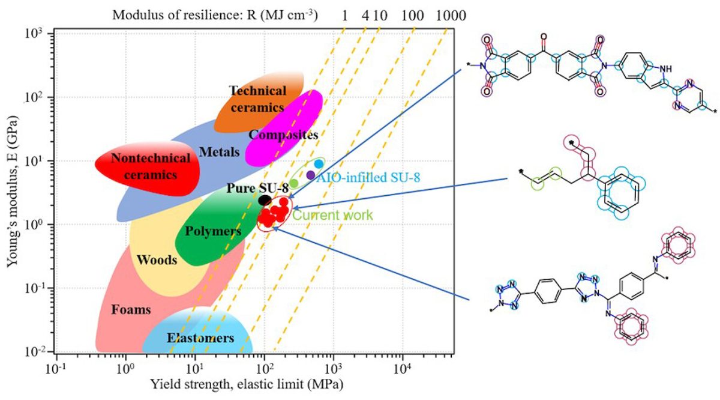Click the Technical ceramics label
click(257, 99)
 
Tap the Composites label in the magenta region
click(283, 135)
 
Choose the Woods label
click(157, 260)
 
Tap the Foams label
click(131, 310)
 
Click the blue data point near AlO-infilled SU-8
click(319, 164)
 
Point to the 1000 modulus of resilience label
click(451, 14)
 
